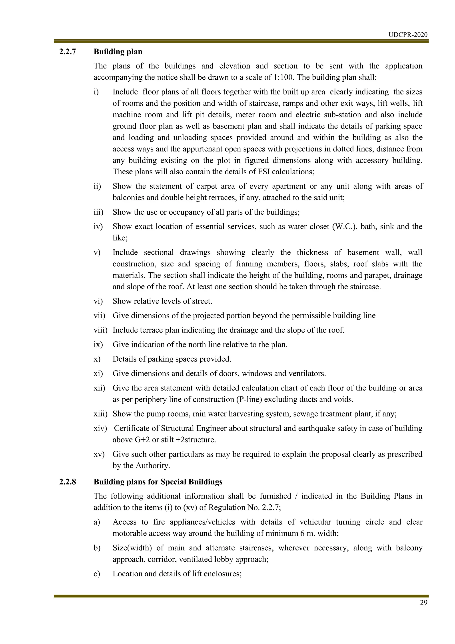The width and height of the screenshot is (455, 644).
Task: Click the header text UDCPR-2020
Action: tap(408, 35)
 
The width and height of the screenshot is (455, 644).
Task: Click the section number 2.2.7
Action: tap(68, 52)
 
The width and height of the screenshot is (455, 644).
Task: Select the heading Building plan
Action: tap(118, 52)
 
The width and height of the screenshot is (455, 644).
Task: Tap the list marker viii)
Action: tap(100, 330)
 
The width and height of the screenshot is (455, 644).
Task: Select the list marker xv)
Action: tap(99, 454)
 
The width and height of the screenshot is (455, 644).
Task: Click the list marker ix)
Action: tap(98, 344)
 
